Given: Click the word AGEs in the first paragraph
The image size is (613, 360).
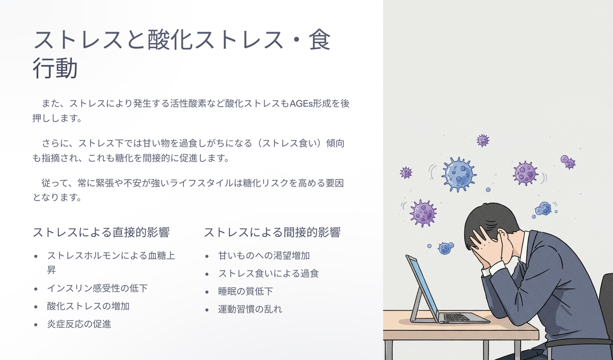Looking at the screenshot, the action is [x=301, y=104].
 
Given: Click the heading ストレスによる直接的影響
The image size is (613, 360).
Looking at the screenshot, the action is [x=101, y=232].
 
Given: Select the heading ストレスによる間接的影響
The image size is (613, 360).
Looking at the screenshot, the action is [x=272, y=232].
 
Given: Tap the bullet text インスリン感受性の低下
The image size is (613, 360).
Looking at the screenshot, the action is [x=98, y=288].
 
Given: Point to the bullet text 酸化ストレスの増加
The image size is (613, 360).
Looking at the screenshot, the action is [x=88, y=306].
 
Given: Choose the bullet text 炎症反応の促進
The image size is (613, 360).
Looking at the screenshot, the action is [x=79, y=324].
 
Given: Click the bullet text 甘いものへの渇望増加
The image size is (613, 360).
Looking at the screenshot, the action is [x=264, y=255].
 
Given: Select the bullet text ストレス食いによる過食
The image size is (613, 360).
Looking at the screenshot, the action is [x=269, y=273].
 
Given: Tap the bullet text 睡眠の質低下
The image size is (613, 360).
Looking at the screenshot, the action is [x=246, y=292].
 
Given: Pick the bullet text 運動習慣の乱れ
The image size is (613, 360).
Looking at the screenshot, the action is [x=250, y=309].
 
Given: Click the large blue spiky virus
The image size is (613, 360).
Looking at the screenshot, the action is [x=459, y=175].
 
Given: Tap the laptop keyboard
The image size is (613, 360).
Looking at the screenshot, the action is [x=456, y=317].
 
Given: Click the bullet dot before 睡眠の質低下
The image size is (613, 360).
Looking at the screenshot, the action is [x=207, y=292].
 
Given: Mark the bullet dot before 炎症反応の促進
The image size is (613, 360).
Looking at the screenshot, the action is [x=36, y=325].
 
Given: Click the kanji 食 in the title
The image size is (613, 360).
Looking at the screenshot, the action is [x=320, y=40].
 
